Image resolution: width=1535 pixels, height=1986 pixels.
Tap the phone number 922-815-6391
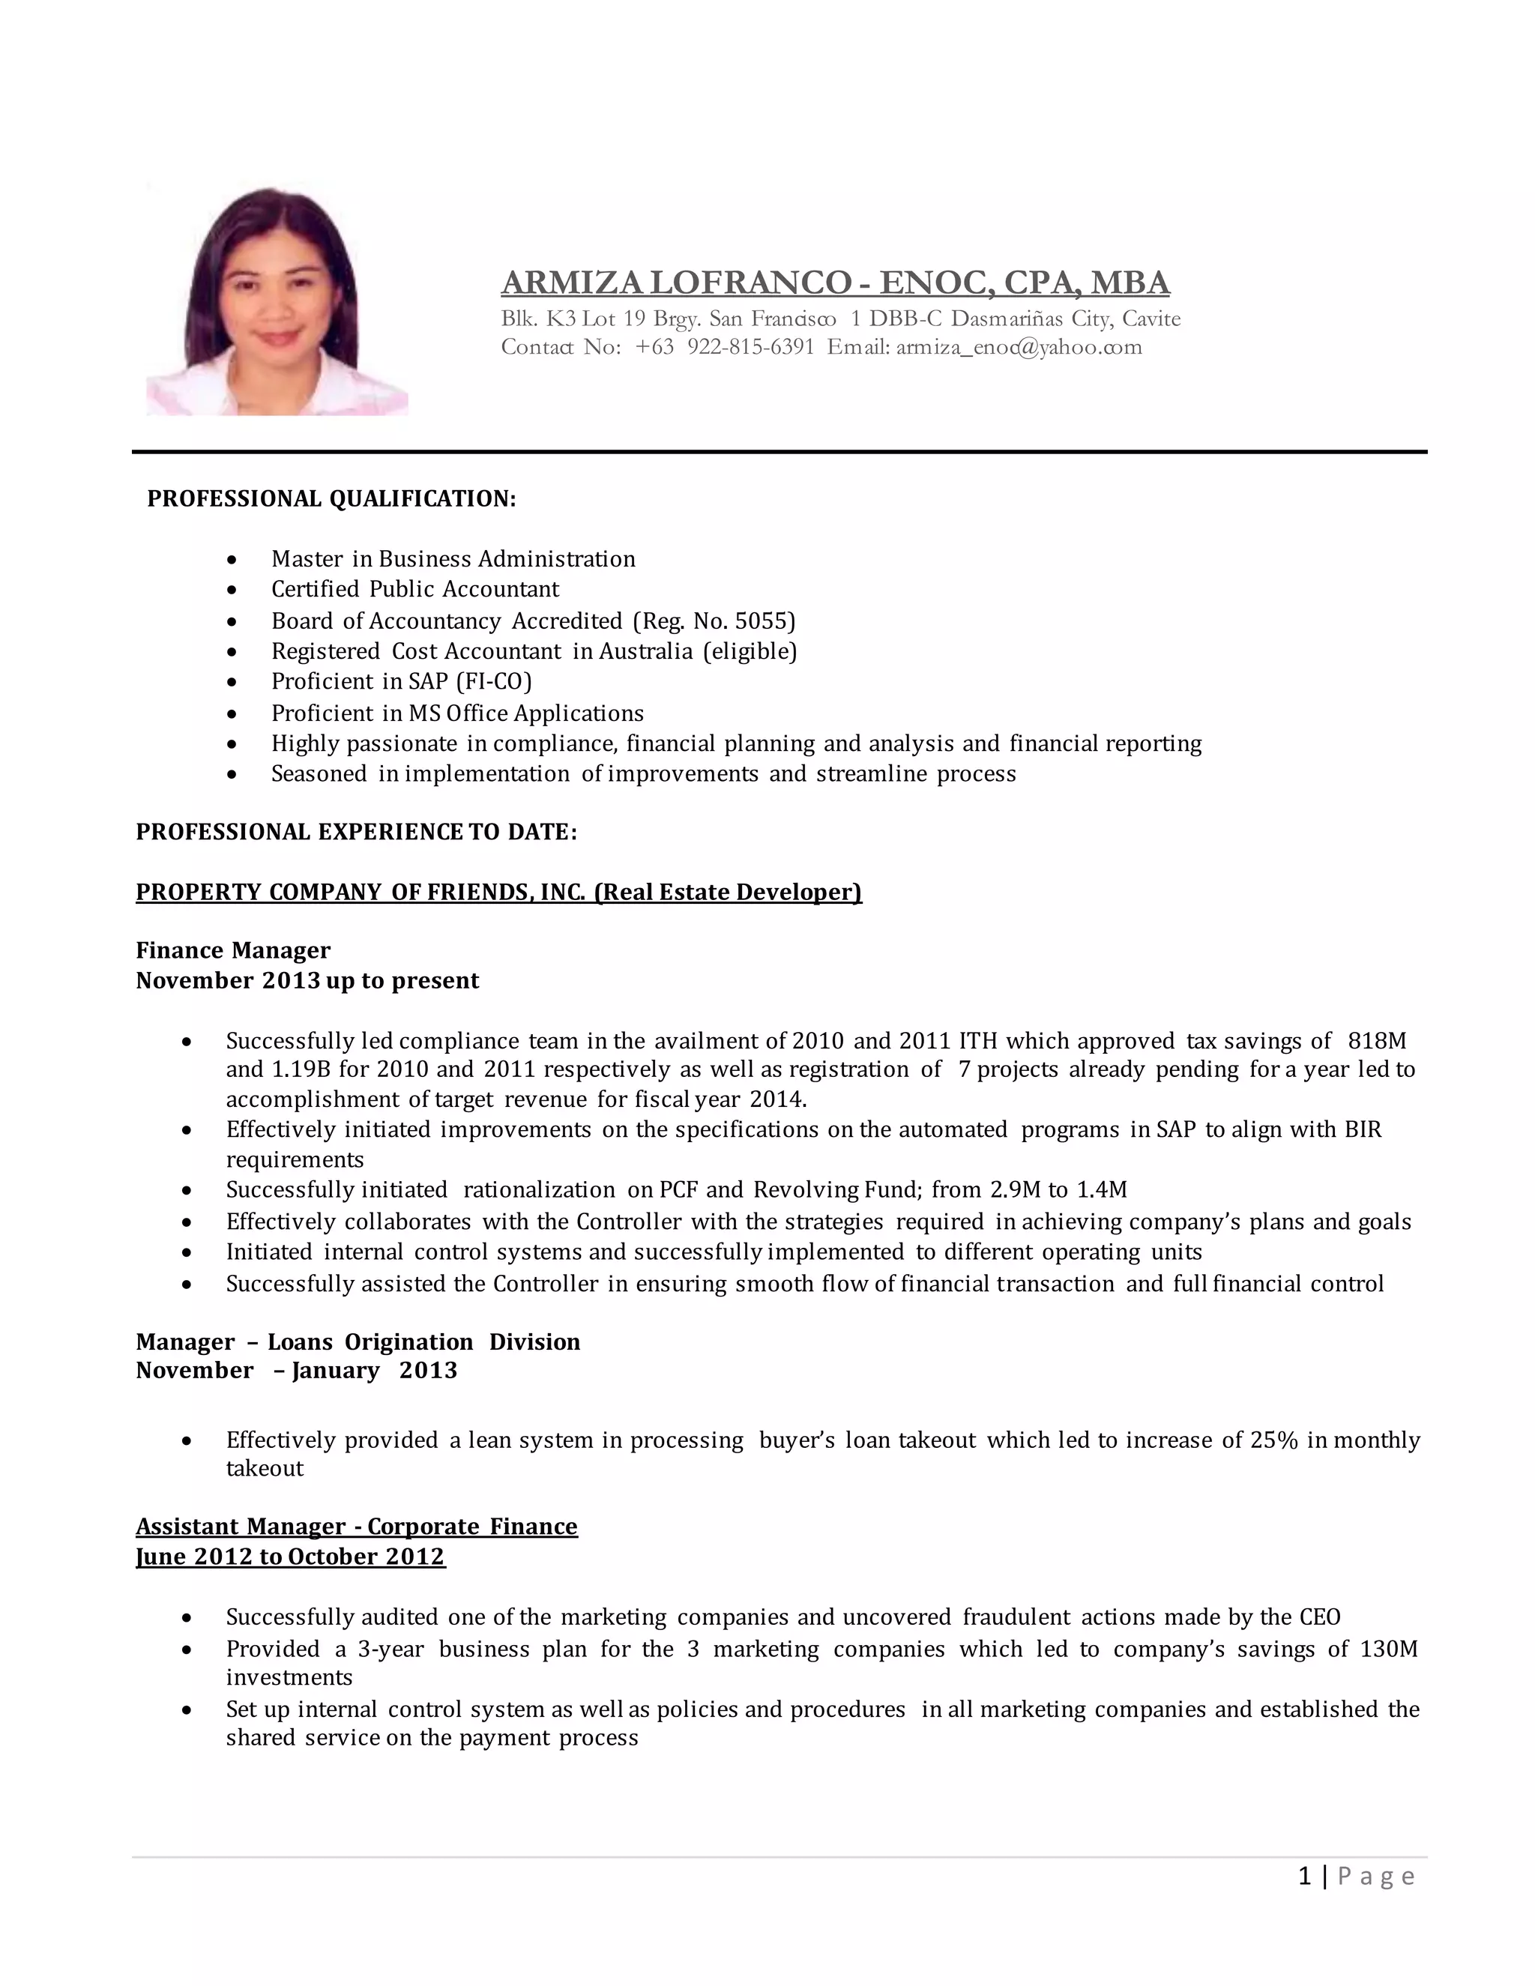(750, 348)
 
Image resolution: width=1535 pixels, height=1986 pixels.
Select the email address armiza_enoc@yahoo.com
(1019, 348)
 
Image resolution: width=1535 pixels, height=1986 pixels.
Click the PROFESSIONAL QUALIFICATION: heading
(332, 498)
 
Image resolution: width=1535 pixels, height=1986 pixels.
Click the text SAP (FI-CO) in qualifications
(469, 682)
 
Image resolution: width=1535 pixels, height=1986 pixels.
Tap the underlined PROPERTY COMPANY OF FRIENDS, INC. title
(498, 892)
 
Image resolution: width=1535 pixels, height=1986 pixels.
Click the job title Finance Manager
(233, 950)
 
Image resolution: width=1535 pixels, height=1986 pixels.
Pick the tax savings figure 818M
(1377, 1040)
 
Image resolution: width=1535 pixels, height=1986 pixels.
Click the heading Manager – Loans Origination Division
(358, 1342)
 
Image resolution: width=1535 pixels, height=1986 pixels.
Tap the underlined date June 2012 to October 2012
(290, 1557)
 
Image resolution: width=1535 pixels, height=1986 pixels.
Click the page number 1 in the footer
(1305, 1876)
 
